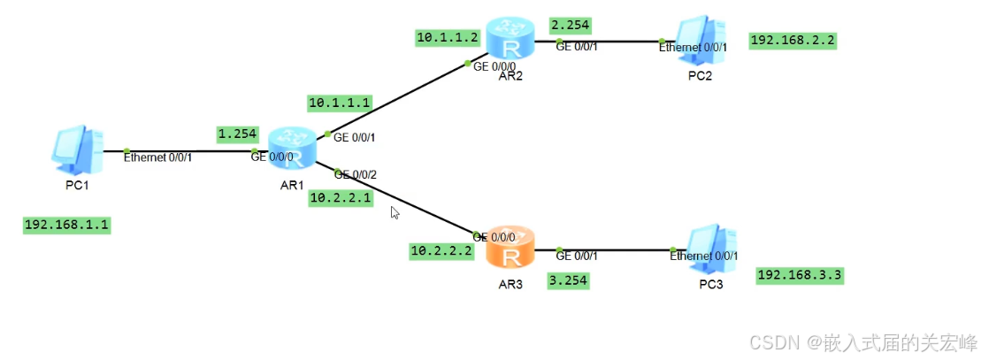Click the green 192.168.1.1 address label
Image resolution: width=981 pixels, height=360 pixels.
[67, 225]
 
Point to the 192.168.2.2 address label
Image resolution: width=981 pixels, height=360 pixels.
[793, 40]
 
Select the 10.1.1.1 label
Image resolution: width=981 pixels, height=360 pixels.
[340, 103]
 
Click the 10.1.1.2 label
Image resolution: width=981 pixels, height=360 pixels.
[448, 37]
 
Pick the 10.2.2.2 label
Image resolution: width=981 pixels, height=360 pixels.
[441, 251]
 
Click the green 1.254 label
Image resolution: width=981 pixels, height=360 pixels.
[237, 134]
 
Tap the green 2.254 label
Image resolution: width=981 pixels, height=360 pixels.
[571, 24]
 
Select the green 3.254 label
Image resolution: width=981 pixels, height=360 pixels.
[569, 280]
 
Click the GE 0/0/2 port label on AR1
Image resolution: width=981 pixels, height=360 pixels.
[356, 174]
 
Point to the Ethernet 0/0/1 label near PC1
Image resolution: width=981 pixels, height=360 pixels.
[157, 157]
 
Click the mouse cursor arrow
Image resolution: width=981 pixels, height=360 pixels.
[395, 211]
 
